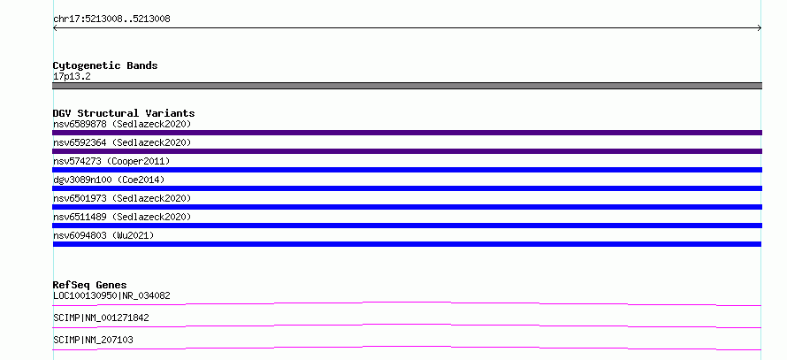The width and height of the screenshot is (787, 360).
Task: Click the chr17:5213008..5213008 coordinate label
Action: coord(111,19)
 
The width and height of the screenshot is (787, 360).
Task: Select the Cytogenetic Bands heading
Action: coord(105,65)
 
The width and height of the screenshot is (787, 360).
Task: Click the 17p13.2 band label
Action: coord(72,77)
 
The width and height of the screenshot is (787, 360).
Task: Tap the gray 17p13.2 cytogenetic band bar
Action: coord(407,86)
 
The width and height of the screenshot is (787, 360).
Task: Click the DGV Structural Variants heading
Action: coord(124,113)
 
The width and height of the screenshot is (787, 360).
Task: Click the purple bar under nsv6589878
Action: coord(407,133)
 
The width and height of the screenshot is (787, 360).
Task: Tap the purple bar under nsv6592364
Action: coord(407,151)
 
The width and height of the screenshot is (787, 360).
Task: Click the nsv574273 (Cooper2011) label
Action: coord(111,161)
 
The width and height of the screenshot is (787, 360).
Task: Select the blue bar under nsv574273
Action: coord(407,170)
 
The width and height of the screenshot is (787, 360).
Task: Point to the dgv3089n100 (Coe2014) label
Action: coord(109,180)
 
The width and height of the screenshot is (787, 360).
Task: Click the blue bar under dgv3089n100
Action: coord(407,188)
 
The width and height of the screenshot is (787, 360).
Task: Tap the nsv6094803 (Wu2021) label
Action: coord(103,235)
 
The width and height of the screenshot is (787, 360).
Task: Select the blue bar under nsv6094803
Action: coord(407,244)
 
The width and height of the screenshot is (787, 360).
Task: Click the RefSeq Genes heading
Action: coord(90,285)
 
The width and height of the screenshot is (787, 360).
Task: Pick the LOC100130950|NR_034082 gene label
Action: coord(111,295)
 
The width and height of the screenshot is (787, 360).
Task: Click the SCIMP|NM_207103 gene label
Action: coord(93,340)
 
